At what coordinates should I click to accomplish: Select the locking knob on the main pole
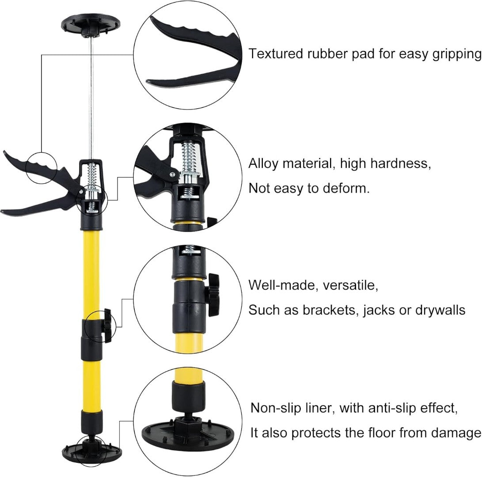tap(107, 326)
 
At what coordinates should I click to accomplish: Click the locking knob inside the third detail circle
tap(214, 295)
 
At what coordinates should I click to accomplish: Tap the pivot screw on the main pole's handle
tap(80, 192)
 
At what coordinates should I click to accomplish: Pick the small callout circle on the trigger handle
tap(42, 168)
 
